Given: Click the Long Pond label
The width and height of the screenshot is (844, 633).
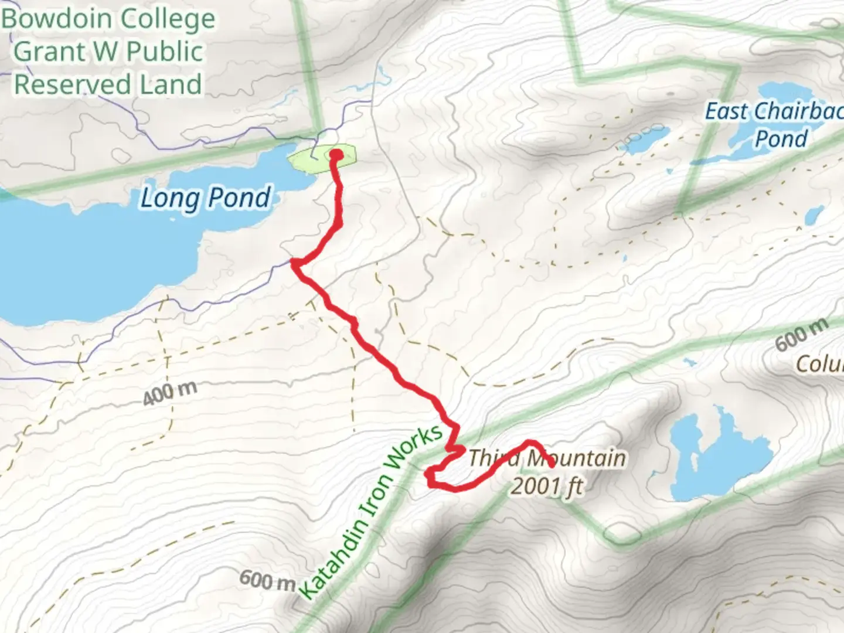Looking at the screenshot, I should (206, 198).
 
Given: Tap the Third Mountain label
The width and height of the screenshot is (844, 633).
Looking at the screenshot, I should (546, 458).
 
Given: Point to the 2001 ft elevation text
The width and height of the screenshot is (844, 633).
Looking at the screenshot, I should (547, 486).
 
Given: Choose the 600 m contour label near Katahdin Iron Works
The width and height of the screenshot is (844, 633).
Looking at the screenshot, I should (267, 580).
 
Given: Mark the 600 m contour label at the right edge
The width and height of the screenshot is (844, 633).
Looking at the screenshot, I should (802, 335).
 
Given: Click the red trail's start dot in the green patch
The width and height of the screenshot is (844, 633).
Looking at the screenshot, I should (337, 155).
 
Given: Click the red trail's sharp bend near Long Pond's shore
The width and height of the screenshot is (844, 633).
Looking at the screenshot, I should (295, 263).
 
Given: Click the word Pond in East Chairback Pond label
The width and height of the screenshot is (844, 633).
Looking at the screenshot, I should (781, 139).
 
